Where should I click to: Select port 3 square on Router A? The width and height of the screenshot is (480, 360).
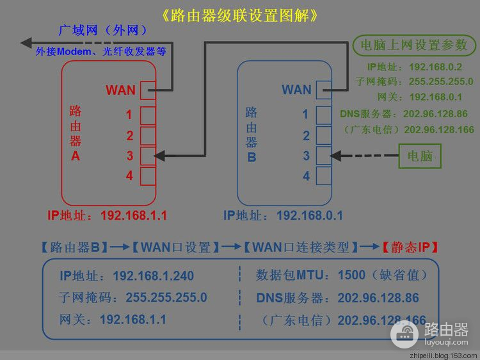pyautogui.click(x=148, y=156)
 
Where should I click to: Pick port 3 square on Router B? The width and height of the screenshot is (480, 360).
pyautogui.click(x=323, y=156)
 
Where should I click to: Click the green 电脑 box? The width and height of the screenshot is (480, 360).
pyautogui.click(x=419, y=156)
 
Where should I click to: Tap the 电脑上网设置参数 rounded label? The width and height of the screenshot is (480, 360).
pyautogui.click(x=414, y=45)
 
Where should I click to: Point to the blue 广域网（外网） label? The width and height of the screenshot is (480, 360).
pyautogui.click(x=103, y=31)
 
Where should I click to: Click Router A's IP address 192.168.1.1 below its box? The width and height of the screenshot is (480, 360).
pyautogui.click(x=134, y=215)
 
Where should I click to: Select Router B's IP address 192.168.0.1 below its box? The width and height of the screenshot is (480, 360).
pyautogui.click(x=310, y=215)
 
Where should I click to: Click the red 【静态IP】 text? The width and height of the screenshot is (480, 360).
pyautogui.click(x=410, y=247)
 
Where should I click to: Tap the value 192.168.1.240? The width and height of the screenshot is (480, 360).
pyautogui.click(x=153, y=276)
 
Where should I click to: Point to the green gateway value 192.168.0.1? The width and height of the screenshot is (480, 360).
pyautogui.click(x=435, y=97)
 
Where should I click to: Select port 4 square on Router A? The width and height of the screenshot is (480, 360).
pyautogui.click(x=148, y=176)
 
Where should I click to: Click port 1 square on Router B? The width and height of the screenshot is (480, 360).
pyautogui.click(x=323, y=115)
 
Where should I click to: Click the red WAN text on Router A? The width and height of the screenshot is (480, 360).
pyautogui.click(x=121, y=90)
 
